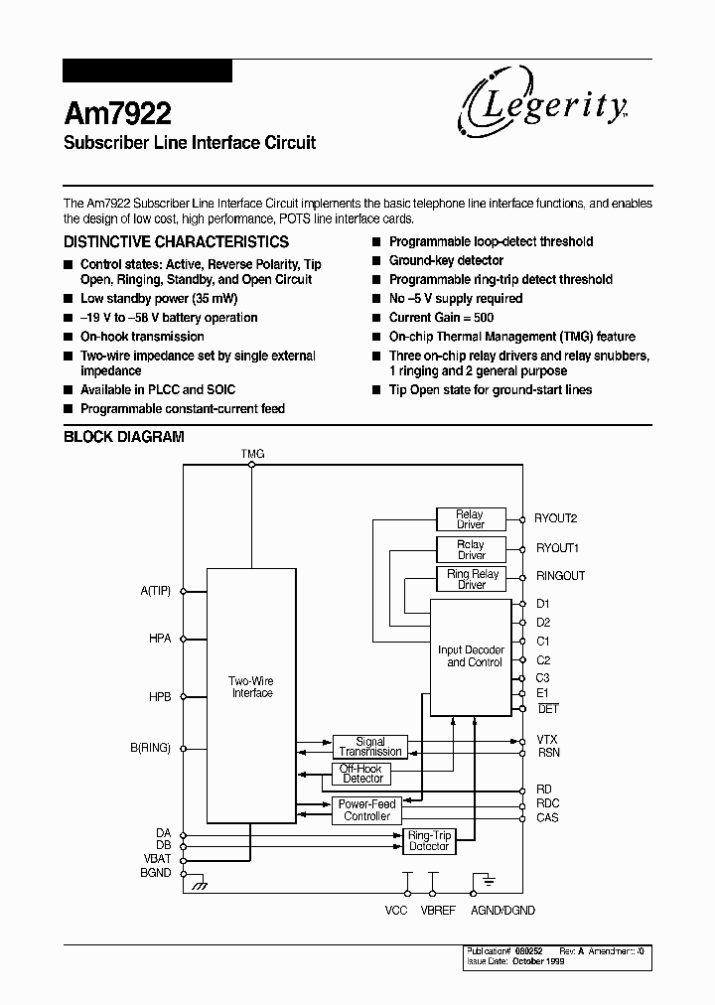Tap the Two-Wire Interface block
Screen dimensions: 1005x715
[x=251, y=687]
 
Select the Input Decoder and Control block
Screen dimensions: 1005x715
[x=471, y=656]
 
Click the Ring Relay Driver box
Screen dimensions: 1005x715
[x=472, y=580]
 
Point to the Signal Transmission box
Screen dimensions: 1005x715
[x=369, y=747]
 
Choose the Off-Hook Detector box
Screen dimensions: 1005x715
[x=361, y=774]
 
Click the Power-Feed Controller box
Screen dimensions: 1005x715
[x=366, y=810]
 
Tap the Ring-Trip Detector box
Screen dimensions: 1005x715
[x=429, y=841]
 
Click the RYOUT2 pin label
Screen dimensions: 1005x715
[x=557, y=518]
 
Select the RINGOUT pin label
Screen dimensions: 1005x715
[x=560, y=576]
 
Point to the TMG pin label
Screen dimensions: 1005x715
[x=252, y=454]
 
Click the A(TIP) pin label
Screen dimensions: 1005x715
[x=156, y=591]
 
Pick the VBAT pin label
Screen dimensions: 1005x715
[x=156, y=858]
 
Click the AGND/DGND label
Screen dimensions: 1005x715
[x=501, y=910]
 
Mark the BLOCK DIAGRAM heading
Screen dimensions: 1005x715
[x=124, y=437]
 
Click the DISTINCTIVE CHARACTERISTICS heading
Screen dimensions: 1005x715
[x=176, y=241]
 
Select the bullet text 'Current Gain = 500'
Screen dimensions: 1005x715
[x=441, y=318]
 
